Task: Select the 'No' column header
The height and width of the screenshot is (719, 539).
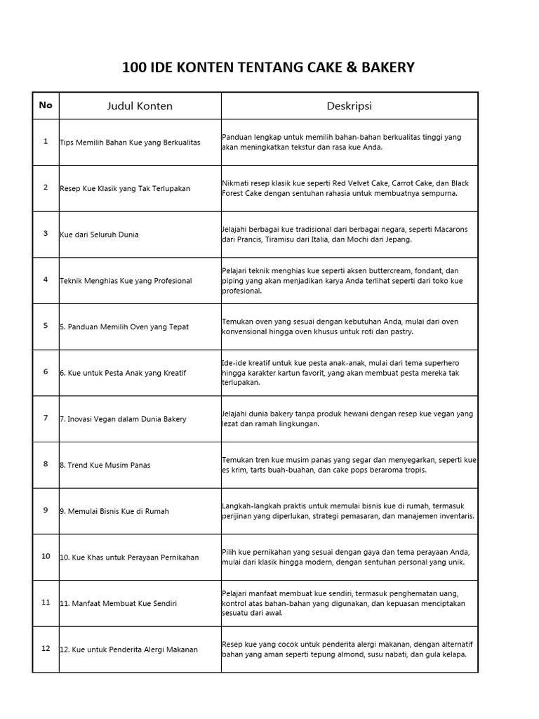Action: click(46, 105)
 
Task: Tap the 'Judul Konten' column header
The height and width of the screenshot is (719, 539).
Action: click(140, 106)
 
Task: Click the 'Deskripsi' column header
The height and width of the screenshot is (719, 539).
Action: click(349, 106)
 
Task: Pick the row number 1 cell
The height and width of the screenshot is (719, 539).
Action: click(46, 141)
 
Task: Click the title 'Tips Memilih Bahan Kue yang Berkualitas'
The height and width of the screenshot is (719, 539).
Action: click(130, 143)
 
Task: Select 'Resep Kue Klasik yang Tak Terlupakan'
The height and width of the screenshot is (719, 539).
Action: click(125, 189)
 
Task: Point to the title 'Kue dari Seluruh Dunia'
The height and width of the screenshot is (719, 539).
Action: click(99, 235)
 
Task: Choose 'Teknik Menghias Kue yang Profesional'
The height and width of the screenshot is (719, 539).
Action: click(126, 281)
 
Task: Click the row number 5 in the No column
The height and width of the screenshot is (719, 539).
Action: click(46, 325)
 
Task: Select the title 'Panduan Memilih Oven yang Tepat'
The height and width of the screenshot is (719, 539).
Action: click(128, 327)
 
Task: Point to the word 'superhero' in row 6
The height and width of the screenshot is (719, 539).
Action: click(443, 363)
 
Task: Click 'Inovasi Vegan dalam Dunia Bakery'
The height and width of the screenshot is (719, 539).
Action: click(127, 419)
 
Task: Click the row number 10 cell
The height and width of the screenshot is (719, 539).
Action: click(46, 556)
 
